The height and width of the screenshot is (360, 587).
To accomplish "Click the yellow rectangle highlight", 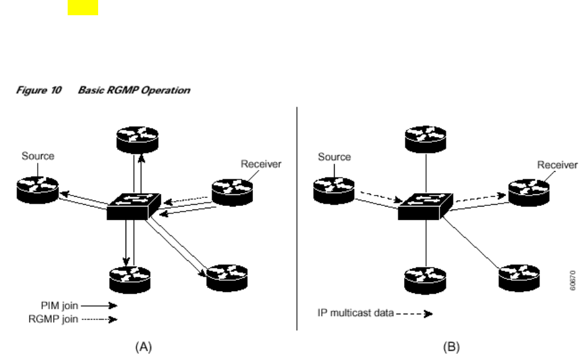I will (83, 7).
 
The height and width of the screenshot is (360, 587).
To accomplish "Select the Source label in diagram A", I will (38, 156).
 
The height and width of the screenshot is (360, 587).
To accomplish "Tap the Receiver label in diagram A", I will (261, 164).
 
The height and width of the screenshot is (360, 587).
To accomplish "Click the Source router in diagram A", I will (38, 188).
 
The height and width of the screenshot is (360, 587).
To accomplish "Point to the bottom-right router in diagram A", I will (227, 278).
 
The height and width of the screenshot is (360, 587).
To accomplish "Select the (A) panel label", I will (143, 347).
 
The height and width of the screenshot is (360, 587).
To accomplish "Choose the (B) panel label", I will (451, 347).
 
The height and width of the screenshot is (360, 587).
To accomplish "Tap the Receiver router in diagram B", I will (529, 191).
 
